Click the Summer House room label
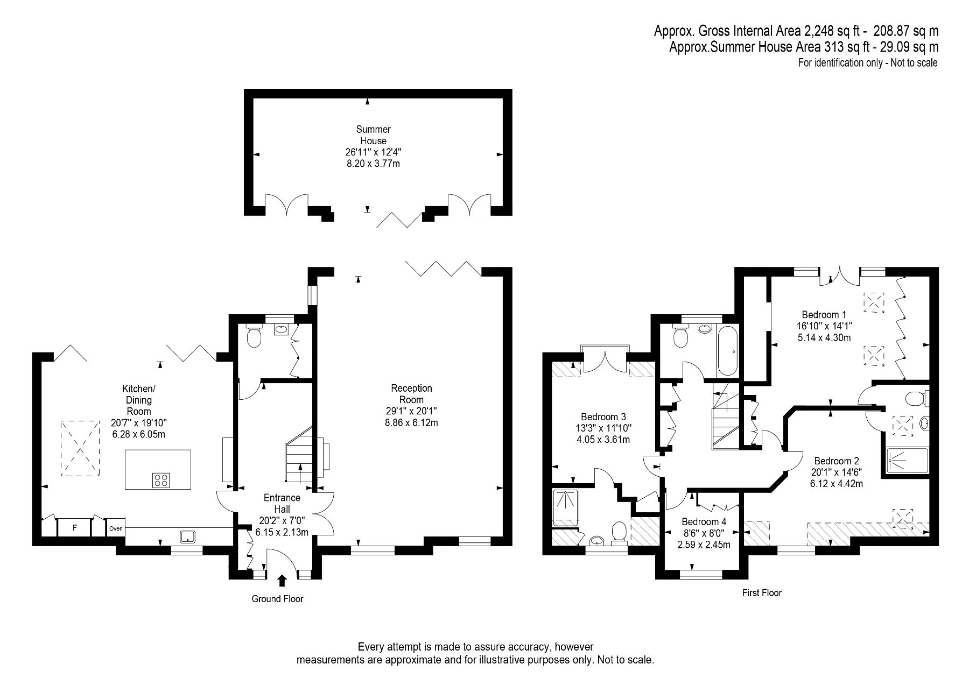[373, 135]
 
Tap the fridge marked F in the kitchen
[75, 528]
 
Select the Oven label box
[116, 528]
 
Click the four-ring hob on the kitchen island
[161, 479]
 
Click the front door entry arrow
[282, 580]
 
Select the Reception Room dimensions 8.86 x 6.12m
[411, 423]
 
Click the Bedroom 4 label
[704, 521]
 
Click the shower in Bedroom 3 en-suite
[565, 507]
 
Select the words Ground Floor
[277, 599]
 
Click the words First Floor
[761, 593]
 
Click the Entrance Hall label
[282, 503]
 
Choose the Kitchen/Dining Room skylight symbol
[80, 448]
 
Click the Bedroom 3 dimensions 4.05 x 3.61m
[603, 440]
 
